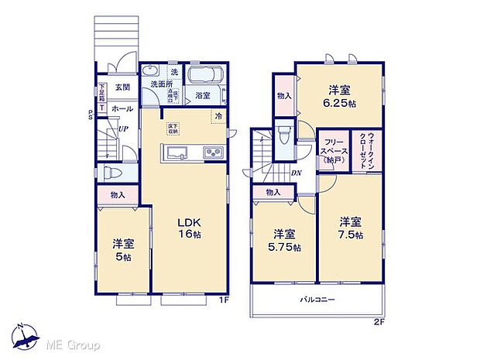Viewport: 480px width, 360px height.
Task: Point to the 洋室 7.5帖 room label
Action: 350,227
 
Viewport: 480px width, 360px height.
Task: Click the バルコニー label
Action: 317,299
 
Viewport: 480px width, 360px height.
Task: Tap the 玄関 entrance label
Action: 122,87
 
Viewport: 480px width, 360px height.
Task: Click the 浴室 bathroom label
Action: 204,96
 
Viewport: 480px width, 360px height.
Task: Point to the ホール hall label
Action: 122,109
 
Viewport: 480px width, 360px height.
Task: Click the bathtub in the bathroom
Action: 204,77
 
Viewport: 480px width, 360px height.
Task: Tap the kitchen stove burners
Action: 213,153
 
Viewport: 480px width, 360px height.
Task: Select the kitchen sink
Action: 177,152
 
